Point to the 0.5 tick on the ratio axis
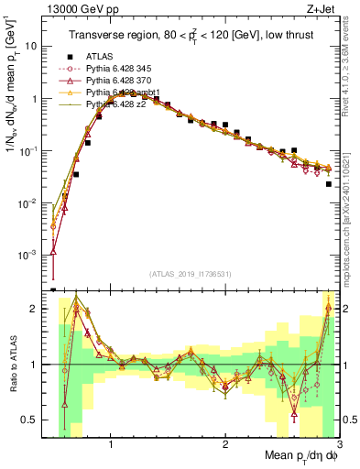(x=34, y=420)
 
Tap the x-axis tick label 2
(x=224, y=446)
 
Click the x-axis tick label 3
(x=338, y=446)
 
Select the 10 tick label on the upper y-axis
(x=33, y=45)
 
